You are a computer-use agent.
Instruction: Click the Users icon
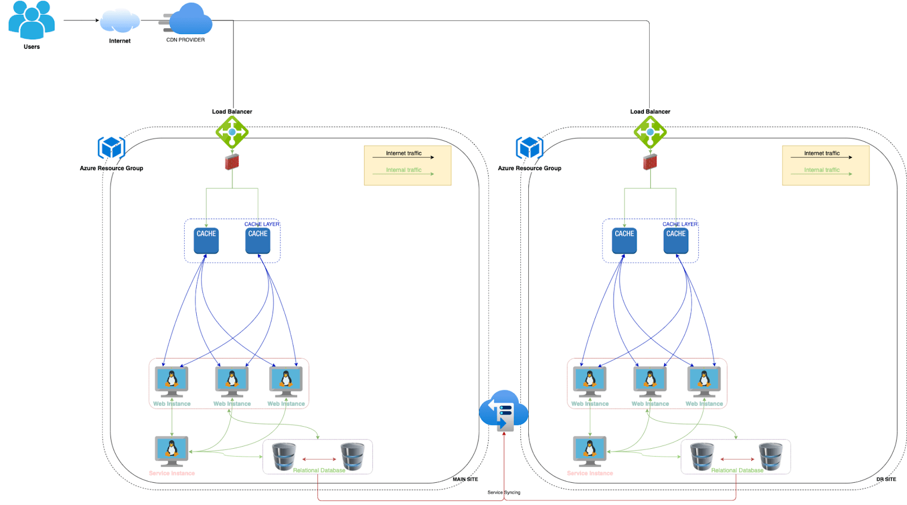[x=32, y=20]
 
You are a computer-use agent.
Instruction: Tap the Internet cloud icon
[x=120, y=21]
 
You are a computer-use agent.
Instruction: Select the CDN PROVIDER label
[x=185, y=40]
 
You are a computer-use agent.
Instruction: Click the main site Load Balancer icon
[x=232, y=132]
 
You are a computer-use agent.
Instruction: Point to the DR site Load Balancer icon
[x=650, y=132]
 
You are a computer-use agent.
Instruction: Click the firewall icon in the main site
[x=232, y=162]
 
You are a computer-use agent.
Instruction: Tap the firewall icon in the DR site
[x=650, y=162]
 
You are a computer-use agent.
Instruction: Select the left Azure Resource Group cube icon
[x=111, y=148]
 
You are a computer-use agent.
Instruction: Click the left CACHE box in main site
[x=206, y=241]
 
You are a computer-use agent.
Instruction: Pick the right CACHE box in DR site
[x=676, y=241]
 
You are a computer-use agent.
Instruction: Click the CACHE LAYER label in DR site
[x=680, y=224]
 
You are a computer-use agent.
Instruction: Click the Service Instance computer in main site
[x=172, y=451]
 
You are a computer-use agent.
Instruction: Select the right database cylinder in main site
[x=353, y=456]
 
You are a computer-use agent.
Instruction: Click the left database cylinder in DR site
[x=702, y=456]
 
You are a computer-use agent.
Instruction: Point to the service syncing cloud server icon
[x=503, y=410]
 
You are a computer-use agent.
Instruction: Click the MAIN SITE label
[x=465, y=479]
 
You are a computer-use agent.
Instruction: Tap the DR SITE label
[x=886, y=479]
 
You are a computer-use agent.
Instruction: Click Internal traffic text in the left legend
[x=404, y=170]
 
